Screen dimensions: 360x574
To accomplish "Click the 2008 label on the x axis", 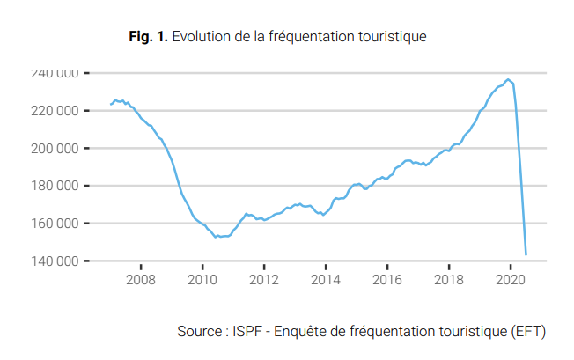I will pyautogui.click(x=141, y=280).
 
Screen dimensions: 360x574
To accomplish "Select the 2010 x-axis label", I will pyautogui.click(x=202, y=280).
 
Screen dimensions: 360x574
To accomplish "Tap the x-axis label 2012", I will pyautogui.click(x=264, y=280).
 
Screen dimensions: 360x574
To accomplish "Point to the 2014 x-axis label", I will pyautogui.click(x=326, y=280).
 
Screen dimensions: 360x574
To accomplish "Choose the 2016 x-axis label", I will pyautogui.click(x=387, y=280).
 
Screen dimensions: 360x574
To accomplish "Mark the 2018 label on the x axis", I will pyautogui.click(x=449, y=280).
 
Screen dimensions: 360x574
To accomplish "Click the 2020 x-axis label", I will pyautogui.click(x=511, y=280).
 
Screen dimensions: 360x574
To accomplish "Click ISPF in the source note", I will pyautogui.click(x=248, y=332).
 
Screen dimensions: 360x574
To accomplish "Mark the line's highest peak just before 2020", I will pyautogui.click(x=508, y=79).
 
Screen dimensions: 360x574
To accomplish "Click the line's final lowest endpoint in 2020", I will pyautogui.click(x=526, y=254).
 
